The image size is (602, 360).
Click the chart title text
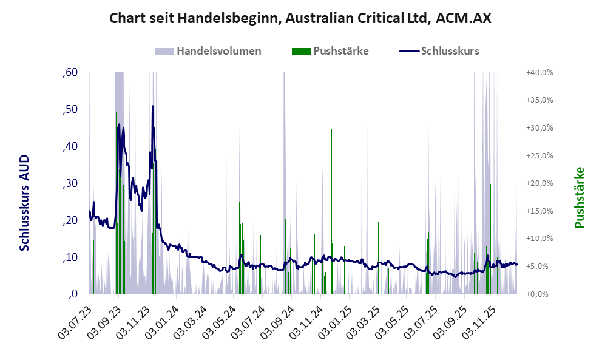click(300, 18)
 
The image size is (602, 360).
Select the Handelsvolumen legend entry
click(219, 51)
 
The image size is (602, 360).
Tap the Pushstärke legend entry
click(340, 51)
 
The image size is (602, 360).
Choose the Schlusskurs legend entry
click(450, 51)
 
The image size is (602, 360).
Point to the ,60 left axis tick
click(70, 73)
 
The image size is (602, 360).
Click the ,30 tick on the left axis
click(70, 183)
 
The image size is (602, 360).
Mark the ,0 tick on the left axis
click(72, 294)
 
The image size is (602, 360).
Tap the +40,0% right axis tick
click(539, 72)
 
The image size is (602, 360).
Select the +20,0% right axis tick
click(539, 183)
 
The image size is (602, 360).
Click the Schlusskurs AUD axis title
click(24, 203)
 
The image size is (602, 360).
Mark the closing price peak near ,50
click(152, 107)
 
